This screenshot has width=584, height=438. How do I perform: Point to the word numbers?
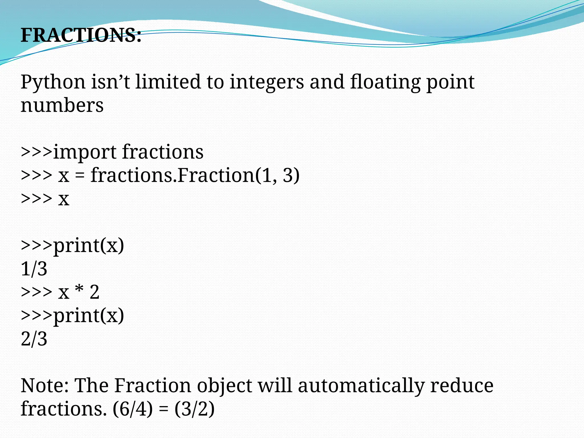[x=62, y=106]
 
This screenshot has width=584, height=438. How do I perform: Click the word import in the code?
[x=85, y=152]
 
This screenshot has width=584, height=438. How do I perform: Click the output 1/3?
[x=34, y=269]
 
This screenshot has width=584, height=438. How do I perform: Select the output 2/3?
[x=34, y=339]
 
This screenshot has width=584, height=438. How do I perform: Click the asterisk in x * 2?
[x=79, y=291]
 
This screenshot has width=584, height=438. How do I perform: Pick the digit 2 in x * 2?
[x=94, y=292]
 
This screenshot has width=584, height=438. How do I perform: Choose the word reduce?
[x=462, y=386]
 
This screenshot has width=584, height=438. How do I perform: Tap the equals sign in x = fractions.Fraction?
[x=80, y=175]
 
